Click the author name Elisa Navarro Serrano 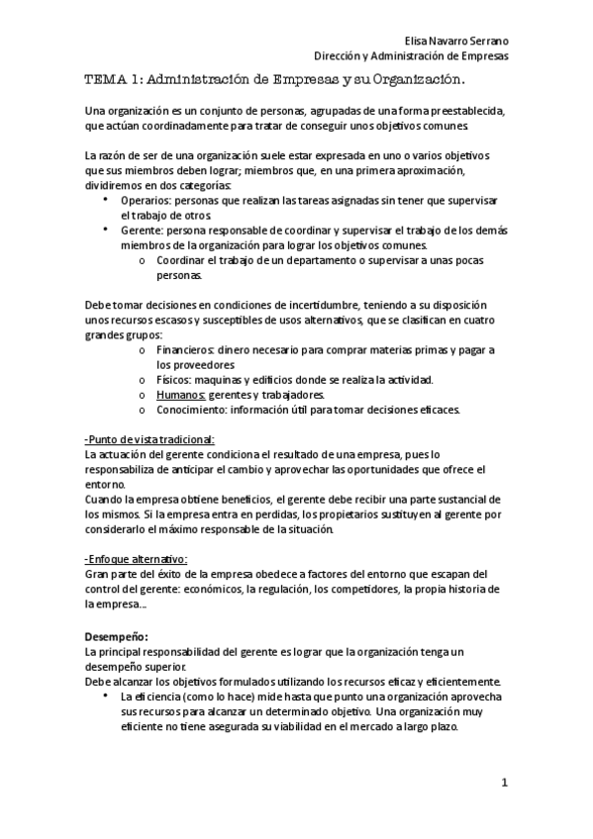pyautogui.click(x=458, y=41)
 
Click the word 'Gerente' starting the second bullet pyautogui.click(x=142, y=231)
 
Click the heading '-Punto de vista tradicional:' pyautogui.click(x=149, y=439)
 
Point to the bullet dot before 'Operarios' pyautogui.click(x=106, y=200)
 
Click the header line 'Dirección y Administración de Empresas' pyautogui.click(x=419, y=55)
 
